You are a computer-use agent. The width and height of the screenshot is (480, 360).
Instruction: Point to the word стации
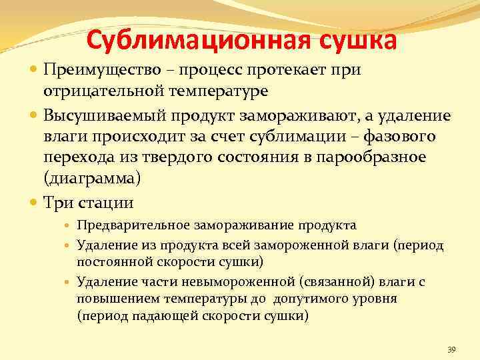pyautogui.click(x=105, y=203)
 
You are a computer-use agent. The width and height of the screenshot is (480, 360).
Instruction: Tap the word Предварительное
pyautogui.click(x=128, y=225)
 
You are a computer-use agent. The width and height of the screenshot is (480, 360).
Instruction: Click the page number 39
pyautogui.click(x=451, y=350)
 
